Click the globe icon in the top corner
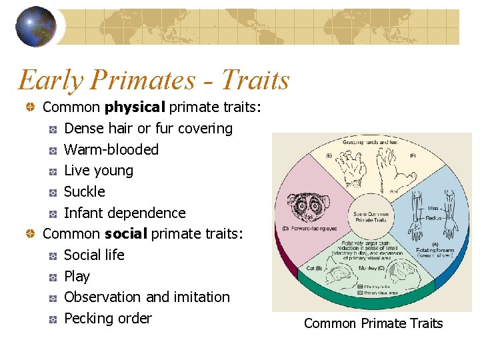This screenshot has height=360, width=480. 36,27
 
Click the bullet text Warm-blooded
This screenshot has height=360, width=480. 111,149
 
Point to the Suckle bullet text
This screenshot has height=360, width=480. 85,192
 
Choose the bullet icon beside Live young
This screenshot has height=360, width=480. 54,171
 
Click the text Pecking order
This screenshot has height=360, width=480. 108,319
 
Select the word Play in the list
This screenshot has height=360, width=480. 77,276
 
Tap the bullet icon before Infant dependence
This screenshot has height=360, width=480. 54,213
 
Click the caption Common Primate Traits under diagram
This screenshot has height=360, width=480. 373,323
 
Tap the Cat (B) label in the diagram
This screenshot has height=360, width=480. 315,268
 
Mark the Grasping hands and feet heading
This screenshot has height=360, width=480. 371,142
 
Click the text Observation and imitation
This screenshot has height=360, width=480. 147,297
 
